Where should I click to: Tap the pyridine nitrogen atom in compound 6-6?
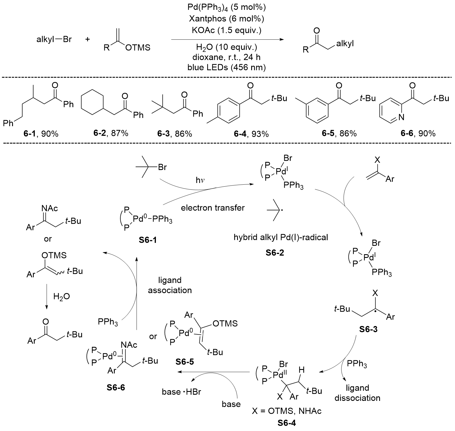pos(401,117)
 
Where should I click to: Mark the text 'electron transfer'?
pos(213,208)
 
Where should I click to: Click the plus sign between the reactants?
pos(87,39)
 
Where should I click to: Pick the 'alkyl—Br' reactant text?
pos(54,39)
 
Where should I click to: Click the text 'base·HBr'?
pos(181,392)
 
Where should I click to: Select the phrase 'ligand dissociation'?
pos(357,393)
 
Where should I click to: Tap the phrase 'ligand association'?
pos(170,285)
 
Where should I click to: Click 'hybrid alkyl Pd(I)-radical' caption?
pos(281,237)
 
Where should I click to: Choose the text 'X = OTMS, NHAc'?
pos(286,411)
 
